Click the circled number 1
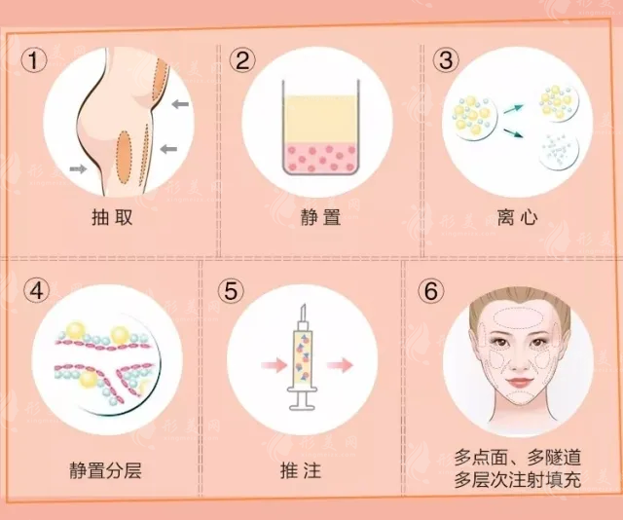[x=35, y=61]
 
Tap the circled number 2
[x=243, y=61]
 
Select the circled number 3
[x=447, y=61]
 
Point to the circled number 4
[x=35, y=289]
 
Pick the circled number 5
[x=230, y=289]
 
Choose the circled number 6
[x=430, y=289]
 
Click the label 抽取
[x=110, y=216]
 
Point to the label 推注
[x=305, y=470]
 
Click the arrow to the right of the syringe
[x=339, y=366]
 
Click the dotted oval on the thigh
[x=125, y=155]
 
